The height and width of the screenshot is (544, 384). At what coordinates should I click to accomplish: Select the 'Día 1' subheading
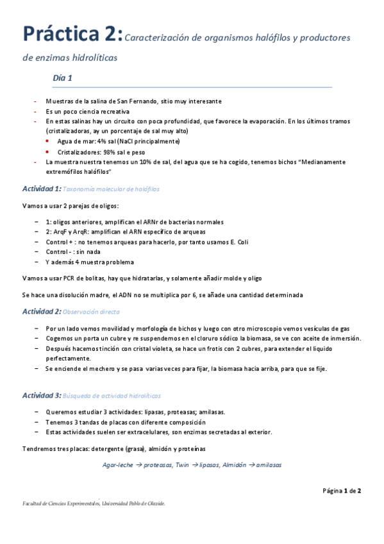click(63, 78)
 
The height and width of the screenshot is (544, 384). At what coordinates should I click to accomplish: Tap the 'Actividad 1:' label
click(42, 189)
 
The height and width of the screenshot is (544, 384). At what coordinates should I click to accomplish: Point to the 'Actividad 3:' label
click(42, 395)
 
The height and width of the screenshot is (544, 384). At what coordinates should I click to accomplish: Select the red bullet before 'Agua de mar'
click(50, 140)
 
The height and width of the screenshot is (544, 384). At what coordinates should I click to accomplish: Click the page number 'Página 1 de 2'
click(342, 491)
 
